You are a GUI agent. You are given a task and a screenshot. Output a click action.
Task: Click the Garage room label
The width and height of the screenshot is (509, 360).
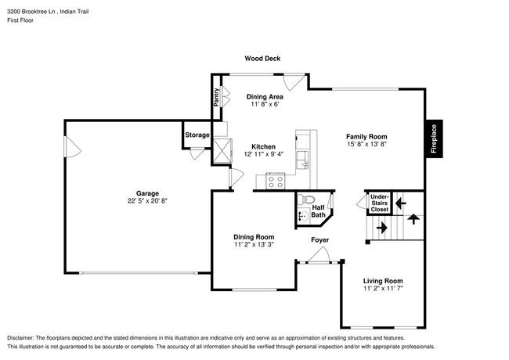(147, 193)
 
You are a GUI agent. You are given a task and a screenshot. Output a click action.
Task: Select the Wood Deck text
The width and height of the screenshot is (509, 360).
(262, 59)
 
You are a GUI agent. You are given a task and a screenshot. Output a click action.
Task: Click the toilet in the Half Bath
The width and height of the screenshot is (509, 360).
(306, 200)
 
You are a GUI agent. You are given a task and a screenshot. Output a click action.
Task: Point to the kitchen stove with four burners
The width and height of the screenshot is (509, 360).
(276, 181)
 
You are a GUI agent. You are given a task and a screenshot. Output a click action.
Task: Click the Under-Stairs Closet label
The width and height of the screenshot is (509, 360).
(379, 203)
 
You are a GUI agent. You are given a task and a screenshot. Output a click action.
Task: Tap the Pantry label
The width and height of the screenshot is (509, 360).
(216, 97)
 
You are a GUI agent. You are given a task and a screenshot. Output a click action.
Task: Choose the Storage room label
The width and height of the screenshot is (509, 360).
(197, 135)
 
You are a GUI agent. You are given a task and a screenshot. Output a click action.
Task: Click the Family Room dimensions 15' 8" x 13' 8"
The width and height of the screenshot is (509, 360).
(367, 144)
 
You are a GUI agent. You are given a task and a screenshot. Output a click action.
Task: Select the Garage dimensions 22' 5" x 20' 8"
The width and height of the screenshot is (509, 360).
(147, 202)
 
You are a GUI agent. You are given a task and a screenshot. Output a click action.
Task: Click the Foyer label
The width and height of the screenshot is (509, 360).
(319, 239)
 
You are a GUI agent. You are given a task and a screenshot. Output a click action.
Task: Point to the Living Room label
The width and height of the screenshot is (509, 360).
(383, 281)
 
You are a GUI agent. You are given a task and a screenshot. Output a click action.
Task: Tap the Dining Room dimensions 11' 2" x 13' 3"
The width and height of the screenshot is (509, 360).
(254, 245)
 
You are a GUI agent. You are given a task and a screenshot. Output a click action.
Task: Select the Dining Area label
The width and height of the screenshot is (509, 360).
(264, 96)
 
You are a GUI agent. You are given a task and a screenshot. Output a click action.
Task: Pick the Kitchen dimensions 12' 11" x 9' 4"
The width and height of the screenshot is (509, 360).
(263, 155)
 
